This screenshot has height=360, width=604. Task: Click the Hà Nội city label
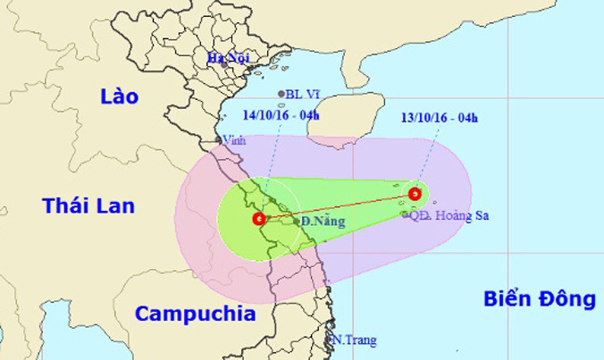pos(229,57)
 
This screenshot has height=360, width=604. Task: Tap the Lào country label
pos(119,96)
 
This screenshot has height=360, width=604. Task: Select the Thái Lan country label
pos(88,206)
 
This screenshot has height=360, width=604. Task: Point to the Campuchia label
pos(196,314)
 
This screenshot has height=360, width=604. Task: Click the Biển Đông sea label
pos(540,299)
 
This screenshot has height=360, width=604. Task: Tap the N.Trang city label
pos(354,339)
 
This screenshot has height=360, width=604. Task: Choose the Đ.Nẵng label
pos(323,220)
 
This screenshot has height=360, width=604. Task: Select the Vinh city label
pos(234,140)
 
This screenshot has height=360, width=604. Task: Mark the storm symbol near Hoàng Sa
pos(415,193)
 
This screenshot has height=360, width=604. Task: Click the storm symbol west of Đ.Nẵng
pos(258,218)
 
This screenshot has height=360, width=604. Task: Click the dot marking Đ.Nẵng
pos(297,221)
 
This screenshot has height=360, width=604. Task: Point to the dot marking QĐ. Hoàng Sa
pos(405,214)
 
